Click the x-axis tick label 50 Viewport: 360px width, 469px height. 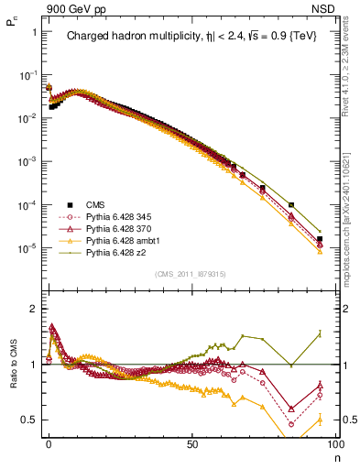(192, 442)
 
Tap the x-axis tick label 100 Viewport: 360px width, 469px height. (333, 442)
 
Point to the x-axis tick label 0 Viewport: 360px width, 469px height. (49, 442)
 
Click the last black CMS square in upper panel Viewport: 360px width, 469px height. (320, 239)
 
